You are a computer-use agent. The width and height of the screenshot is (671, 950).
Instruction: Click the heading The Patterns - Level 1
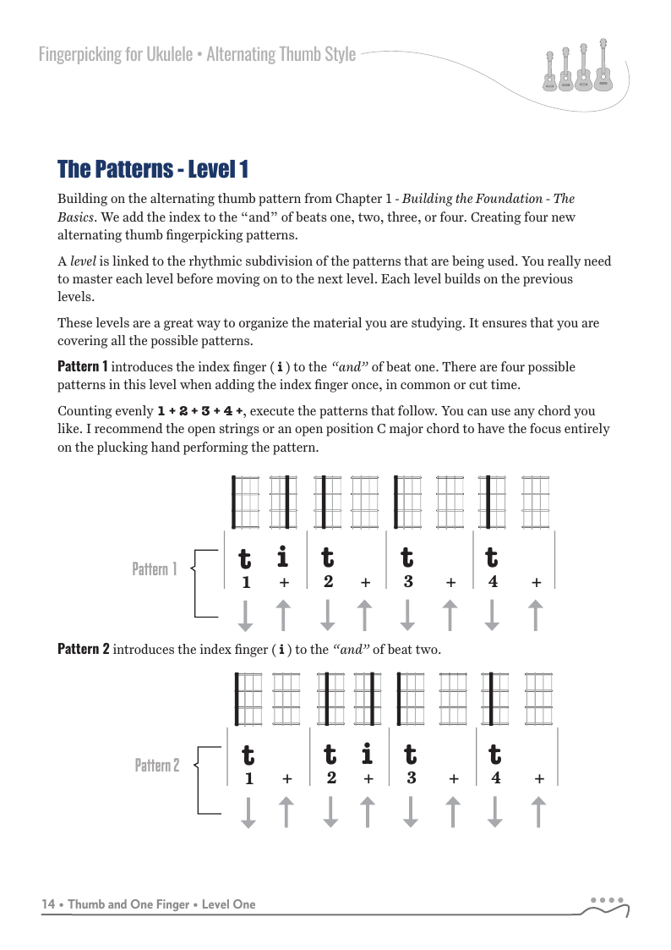(x=152, y=169)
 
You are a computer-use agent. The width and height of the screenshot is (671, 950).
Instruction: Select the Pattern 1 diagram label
(x=154, y=569)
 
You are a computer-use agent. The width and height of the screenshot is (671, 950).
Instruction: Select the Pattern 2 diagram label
(x=156, y=766)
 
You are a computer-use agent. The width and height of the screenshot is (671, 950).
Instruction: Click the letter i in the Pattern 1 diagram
(x=283, y=557)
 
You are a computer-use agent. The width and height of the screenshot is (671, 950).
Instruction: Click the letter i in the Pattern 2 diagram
(x=367, y=753)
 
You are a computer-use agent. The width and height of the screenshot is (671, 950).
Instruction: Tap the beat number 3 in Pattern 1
(x=408, y=582)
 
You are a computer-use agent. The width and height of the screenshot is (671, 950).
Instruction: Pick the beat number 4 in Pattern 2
(x=496, y=778)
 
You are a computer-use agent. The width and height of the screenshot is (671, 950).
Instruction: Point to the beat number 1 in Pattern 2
(x=248, y=779)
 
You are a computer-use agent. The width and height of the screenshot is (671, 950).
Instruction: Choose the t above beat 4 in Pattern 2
(x=495, y=754)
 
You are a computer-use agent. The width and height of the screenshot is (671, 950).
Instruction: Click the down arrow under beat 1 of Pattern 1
(x=245, y=615)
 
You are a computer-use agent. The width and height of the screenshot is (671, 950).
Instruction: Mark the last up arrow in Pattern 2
(x=538, y=811)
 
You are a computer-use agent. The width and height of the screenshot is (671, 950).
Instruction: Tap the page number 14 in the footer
(x=49, y=904)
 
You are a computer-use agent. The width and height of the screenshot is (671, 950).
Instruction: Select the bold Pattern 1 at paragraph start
(x=82, y=367)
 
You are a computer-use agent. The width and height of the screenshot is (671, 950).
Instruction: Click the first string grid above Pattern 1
(x=245, y=502)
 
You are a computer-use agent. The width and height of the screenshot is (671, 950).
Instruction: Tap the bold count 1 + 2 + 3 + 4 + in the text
(x=201, y=412)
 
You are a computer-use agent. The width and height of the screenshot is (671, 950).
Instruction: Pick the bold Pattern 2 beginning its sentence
(x=83, y=650)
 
